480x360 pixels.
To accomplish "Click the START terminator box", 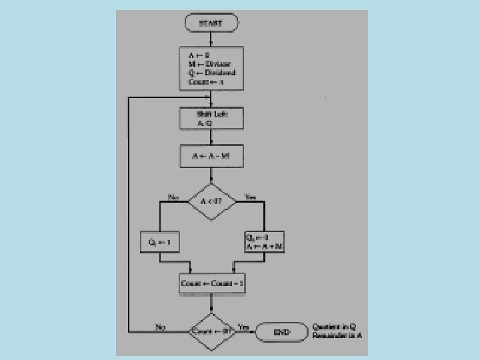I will (211, 23).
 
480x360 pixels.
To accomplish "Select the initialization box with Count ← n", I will (211, 68).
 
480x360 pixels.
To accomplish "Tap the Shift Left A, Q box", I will (211, 119).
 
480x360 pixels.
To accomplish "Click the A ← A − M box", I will (211, 157).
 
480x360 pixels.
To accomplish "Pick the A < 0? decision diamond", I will (211, 201).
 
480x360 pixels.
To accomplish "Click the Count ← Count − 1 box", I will (211, 283).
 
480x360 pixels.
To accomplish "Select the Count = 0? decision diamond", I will (211, 331).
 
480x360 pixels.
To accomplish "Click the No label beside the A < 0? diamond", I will (174, 197).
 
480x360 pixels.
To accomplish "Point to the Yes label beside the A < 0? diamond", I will (250, 197).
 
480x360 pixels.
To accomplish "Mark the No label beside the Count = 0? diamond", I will (161, 327).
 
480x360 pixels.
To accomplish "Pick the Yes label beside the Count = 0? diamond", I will (243, 327).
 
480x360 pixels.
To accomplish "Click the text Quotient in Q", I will (334, 327).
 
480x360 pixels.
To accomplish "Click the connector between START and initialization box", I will (211, 38).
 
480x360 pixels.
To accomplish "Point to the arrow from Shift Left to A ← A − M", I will (211, 137).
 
